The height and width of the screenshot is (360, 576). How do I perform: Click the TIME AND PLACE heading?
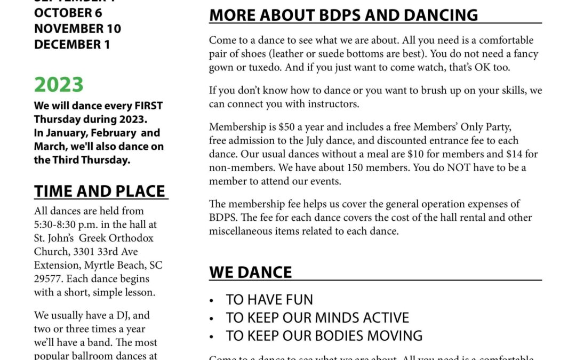tap(100, 191)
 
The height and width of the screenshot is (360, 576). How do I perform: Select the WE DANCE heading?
tap(251, 272)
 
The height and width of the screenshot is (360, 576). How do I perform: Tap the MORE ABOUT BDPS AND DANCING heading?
tap(343, 15)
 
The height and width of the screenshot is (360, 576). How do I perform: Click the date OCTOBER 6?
tap(68, 13)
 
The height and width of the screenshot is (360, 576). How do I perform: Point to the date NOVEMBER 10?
tap(77, 29)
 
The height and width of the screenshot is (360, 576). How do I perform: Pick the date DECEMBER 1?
tap(72, 45)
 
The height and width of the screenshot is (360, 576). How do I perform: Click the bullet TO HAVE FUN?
tap(269, 300)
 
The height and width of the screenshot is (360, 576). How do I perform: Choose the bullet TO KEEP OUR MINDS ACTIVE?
tap(317, 318)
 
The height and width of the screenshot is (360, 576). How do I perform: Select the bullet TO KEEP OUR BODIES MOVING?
tap(324, 336)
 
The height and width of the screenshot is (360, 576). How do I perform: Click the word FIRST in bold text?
tap(147, 106)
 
